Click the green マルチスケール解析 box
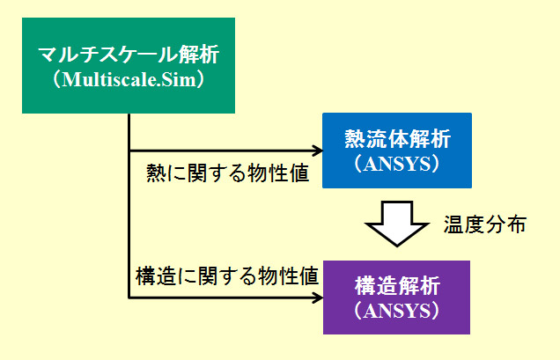coord(129,66)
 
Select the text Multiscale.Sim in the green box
coord(129,79)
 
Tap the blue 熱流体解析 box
coord(397,151)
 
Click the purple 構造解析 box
coord(396,298)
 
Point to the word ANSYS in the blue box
coord(397,164)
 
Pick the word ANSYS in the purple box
coord(397,311)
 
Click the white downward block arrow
coord(397,224)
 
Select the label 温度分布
coord(485,224)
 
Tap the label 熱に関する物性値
coord(227,173)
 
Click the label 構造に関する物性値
coord(227,276)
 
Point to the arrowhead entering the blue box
coord(318,151)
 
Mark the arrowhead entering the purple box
coord(318,298)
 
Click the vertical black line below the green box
coord(129,205)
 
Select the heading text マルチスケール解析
coord(129,55)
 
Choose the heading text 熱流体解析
coord(397,138)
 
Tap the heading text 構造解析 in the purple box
coord(397,286)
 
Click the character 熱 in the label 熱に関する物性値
coord(156,173)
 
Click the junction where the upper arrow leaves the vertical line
coord(129,151)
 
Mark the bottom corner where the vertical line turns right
coord(129,298)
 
